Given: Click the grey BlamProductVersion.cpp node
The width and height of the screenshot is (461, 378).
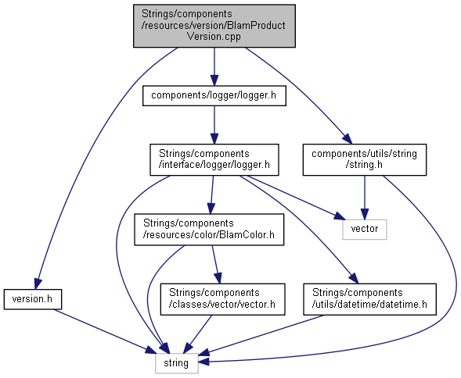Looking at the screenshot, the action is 214,26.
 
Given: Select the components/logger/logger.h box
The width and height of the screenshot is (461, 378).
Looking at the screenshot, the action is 214,96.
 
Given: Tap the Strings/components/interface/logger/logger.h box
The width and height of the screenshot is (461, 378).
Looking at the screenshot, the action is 214,159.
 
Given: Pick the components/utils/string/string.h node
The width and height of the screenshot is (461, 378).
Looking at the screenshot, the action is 365,159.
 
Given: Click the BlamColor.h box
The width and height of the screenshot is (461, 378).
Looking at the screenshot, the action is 209,230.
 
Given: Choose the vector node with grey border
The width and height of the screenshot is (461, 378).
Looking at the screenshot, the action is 365,229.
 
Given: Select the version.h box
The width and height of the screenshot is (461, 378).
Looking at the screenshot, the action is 33,299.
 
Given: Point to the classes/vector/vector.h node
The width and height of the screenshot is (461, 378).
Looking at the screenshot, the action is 222,299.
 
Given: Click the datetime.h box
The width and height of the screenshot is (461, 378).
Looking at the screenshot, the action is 370,299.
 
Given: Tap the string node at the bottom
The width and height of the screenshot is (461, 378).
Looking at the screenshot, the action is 176,363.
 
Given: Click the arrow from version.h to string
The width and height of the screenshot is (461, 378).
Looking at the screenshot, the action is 105,331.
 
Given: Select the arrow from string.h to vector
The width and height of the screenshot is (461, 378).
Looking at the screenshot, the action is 365,198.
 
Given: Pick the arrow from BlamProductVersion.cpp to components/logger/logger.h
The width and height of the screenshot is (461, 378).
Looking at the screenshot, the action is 214,66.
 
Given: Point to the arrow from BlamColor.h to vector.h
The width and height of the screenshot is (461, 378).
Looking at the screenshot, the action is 216,265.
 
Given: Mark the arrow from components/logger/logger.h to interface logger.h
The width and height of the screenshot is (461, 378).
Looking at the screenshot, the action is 214,125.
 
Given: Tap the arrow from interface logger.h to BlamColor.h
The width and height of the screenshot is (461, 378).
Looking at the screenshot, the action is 211,195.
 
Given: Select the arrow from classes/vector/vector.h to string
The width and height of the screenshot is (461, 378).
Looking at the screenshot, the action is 197,334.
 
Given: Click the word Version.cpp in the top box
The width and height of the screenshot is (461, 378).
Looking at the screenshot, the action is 214,37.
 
